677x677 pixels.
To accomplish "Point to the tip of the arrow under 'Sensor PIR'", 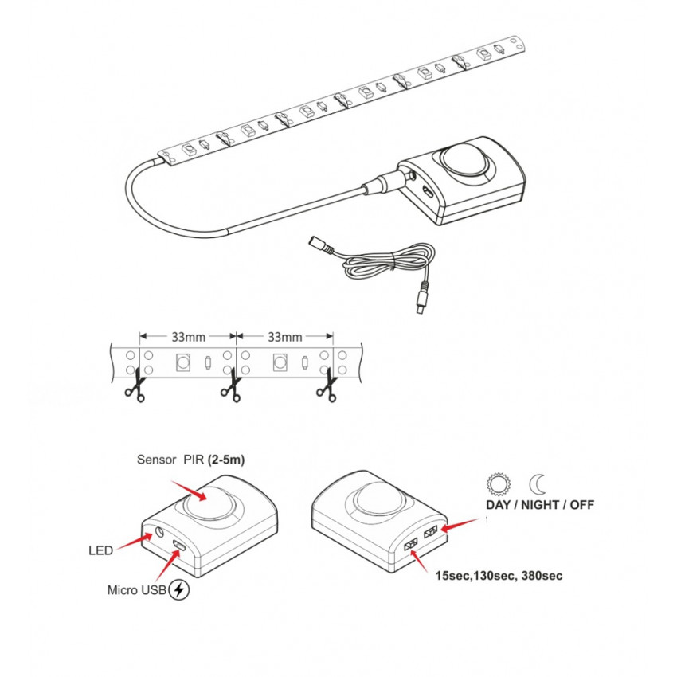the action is click(x=207, y=500).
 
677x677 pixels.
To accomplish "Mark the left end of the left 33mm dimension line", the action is click(x=140, y=336).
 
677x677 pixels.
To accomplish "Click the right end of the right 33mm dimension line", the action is click(x=333, y=336).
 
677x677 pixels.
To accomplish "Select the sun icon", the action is click(x=499, y=484).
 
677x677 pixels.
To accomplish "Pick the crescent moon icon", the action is click(x=538, y=484).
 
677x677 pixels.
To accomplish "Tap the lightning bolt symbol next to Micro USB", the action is click(x=179, y=589).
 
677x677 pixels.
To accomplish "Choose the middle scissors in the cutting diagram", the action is click(x=231, y=385).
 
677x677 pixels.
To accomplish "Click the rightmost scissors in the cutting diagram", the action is click(x=327, y=385).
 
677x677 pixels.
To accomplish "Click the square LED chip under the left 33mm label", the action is click(x=183, y=362).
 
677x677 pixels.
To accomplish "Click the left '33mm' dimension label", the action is click(x=188, y=337).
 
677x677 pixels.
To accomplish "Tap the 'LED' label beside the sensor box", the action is click(x=100, y=550).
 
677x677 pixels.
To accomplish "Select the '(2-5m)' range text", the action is click(x=226, y=460).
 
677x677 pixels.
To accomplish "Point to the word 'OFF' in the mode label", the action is click(x=582, y=505).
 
